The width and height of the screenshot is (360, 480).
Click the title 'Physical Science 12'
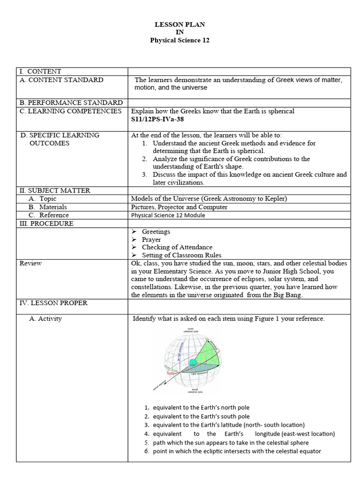[180, 40]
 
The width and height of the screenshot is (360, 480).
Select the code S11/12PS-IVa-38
[158, 119]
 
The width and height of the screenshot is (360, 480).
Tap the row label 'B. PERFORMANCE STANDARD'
[71, 103]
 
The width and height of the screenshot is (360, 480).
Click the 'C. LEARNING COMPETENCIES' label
[70, 111]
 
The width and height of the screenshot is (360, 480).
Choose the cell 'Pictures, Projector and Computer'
[179, 207]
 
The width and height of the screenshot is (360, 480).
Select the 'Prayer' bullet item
[151, 240]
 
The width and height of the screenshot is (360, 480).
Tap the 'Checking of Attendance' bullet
[177, 247]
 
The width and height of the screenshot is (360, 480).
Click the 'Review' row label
[30, 263]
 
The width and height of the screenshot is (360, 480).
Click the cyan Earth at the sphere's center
[193, 362]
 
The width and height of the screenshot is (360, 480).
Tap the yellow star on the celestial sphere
[207, 339]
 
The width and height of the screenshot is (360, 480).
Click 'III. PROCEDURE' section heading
[46, 224]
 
